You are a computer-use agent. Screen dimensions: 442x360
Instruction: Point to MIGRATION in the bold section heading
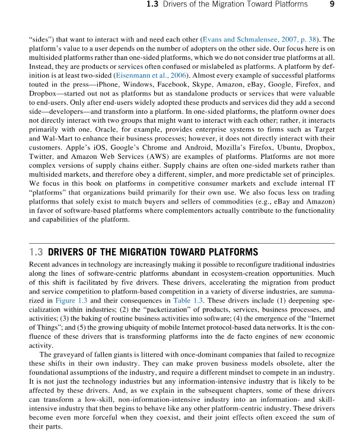145,252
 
